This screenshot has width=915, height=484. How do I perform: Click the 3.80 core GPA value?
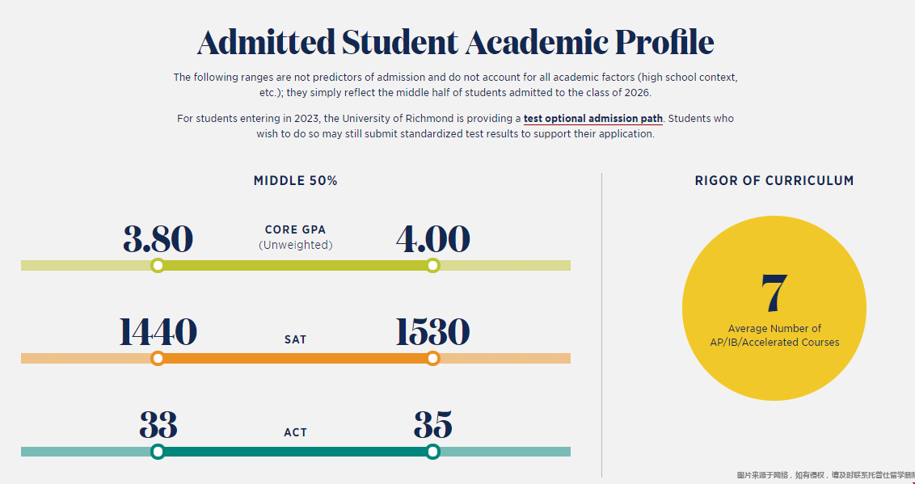(158, 239)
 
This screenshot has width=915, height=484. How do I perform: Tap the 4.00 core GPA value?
(432, 239)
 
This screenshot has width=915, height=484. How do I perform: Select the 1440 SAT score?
(158, 332)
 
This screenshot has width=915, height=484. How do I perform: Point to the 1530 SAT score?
(432, 332)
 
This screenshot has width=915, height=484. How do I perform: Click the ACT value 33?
(158, 425)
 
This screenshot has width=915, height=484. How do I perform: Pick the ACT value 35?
(432, 425)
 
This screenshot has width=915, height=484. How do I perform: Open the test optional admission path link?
(592, 119)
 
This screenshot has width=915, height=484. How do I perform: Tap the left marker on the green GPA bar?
(158, 266)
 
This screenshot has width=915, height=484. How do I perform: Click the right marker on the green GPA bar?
(433, 266)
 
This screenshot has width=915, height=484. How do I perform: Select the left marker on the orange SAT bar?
(158, 359)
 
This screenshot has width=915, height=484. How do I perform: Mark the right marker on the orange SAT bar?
(433, 359)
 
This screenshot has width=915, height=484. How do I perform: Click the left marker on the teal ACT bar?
(158, 452)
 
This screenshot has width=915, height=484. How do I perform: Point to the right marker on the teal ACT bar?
(433, 452)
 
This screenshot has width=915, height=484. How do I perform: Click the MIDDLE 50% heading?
(296, 181)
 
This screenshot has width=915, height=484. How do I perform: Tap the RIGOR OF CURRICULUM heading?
(774, 181)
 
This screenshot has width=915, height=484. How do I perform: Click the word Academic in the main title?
(536, 43)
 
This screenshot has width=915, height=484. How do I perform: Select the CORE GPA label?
(295, 230)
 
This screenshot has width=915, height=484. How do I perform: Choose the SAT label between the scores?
(295, 339)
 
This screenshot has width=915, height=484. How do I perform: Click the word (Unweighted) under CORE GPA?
(295, 245)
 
